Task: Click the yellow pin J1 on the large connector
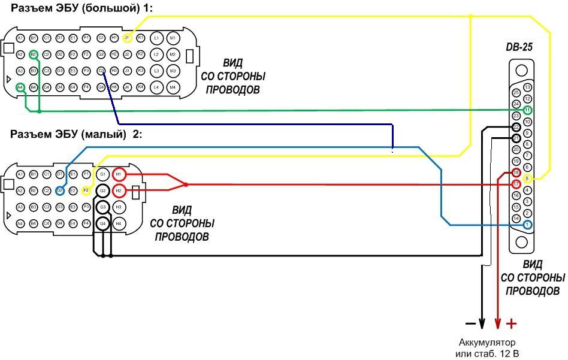point(126,38)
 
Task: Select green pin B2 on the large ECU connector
point(34,55)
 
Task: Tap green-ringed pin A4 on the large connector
point(20,87)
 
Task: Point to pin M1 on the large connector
point(173,38)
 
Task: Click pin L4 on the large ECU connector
point(157,87)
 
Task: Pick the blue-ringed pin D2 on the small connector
point(60,190)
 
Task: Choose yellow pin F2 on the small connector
point(86,190)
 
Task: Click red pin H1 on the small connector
point(119,174)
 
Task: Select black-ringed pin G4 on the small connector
point(103,223)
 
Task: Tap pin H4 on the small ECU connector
point(119,223)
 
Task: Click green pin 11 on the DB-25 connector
point(527,110)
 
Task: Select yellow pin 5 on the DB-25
point(527,179)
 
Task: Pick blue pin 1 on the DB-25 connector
point(527,225)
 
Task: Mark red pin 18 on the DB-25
point(516,173)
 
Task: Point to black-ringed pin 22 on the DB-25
point(516,127)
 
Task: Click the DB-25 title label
point(520,47)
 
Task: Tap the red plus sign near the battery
point(511,324)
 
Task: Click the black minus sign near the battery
point(470,324)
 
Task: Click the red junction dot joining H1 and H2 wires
point(186,184)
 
